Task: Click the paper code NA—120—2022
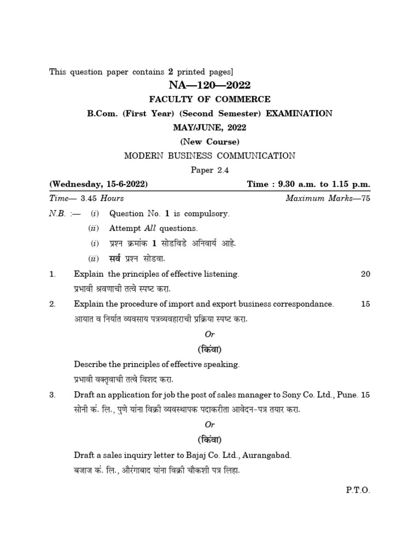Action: point(209,85)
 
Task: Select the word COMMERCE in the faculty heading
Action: point(243,99)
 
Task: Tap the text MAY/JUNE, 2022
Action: point(210,128)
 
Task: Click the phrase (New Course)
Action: point(210,142)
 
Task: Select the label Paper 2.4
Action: point(209,170)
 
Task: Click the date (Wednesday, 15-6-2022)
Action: point(98,185)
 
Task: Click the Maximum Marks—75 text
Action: point(328,199)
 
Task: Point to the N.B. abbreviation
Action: point(57,214)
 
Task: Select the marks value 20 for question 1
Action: point(365,274)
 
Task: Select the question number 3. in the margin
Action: point(52,395)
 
